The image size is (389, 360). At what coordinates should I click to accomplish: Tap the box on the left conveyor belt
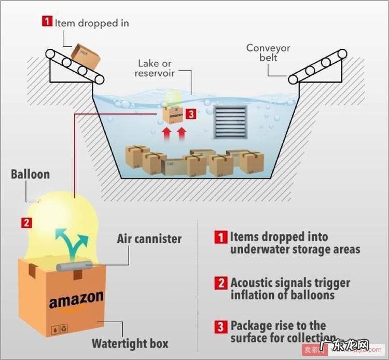[x=86, y=55]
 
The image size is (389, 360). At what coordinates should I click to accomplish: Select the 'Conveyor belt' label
[x=268, y=52]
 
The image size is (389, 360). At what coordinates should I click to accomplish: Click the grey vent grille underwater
[x=231, y=122]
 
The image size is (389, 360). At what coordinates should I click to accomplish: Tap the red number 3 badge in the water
[x=191, y=114]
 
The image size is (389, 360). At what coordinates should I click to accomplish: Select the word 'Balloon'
[x=31, y=174]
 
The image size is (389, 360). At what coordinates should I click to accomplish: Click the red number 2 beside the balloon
[x=26, y=223]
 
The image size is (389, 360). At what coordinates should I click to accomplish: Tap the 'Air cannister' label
[x=149, y=239]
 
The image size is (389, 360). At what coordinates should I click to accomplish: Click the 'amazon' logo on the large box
[x=76, y=300]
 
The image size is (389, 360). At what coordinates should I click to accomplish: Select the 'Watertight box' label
[x=130, y=343]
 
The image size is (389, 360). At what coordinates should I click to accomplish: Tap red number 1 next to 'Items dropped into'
[x=221, y=237]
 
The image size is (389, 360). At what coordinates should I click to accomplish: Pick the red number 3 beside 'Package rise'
[x=221, y=327]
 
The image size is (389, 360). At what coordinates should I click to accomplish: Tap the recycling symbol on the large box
[x=64, y=328]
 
